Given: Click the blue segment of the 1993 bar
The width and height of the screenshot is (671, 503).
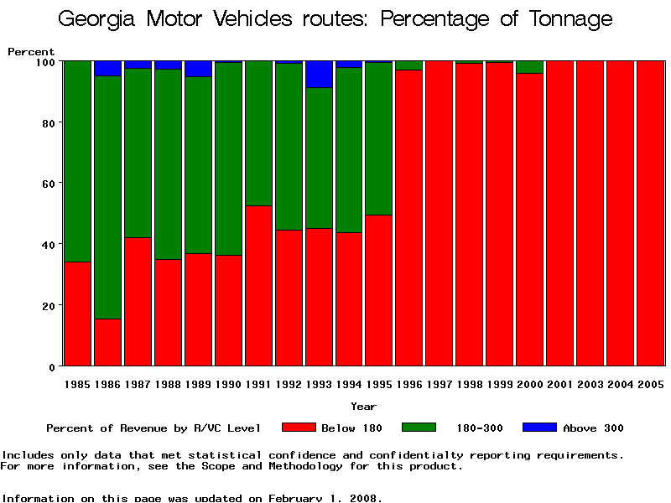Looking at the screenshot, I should click(x=319, y=74).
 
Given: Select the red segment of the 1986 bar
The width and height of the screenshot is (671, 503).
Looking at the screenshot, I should click(x=107, y=342).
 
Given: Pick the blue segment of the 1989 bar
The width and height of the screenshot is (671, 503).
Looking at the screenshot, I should click(x=198, y=69).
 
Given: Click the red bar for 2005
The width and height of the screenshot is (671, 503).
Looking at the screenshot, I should click(x=650, y=213).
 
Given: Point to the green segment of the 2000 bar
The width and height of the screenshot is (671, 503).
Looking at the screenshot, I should click(x=530, y=67).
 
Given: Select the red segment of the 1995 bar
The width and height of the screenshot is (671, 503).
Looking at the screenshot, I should click(x=379, y=290).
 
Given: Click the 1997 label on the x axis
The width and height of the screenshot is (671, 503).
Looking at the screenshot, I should click(x=440, y=384).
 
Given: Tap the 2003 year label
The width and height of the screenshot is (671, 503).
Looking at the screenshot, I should click(x=590, y=384).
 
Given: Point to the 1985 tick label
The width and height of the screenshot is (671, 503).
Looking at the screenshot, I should click(x=77, y=384).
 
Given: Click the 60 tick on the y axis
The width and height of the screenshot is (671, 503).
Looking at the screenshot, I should click(x=47, y=184).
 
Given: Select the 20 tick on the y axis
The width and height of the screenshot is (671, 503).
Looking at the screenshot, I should click(x=47, y=306).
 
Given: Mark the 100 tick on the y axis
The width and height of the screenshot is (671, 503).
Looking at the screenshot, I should click(x=44, y=62).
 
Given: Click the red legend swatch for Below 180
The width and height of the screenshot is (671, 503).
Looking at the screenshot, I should click(x=299, y=428).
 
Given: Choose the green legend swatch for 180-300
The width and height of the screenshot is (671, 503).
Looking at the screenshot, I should click(x=419, y=428).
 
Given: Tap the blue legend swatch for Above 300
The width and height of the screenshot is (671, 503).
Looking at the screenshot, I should click(x=539, y=428).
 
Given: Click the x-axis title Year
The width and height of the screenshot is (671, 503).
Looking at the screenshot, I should click(x=363, y=407).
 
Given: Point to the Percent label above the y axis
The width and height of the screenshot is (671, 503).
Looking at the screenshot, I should click(x=31, y=52).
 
